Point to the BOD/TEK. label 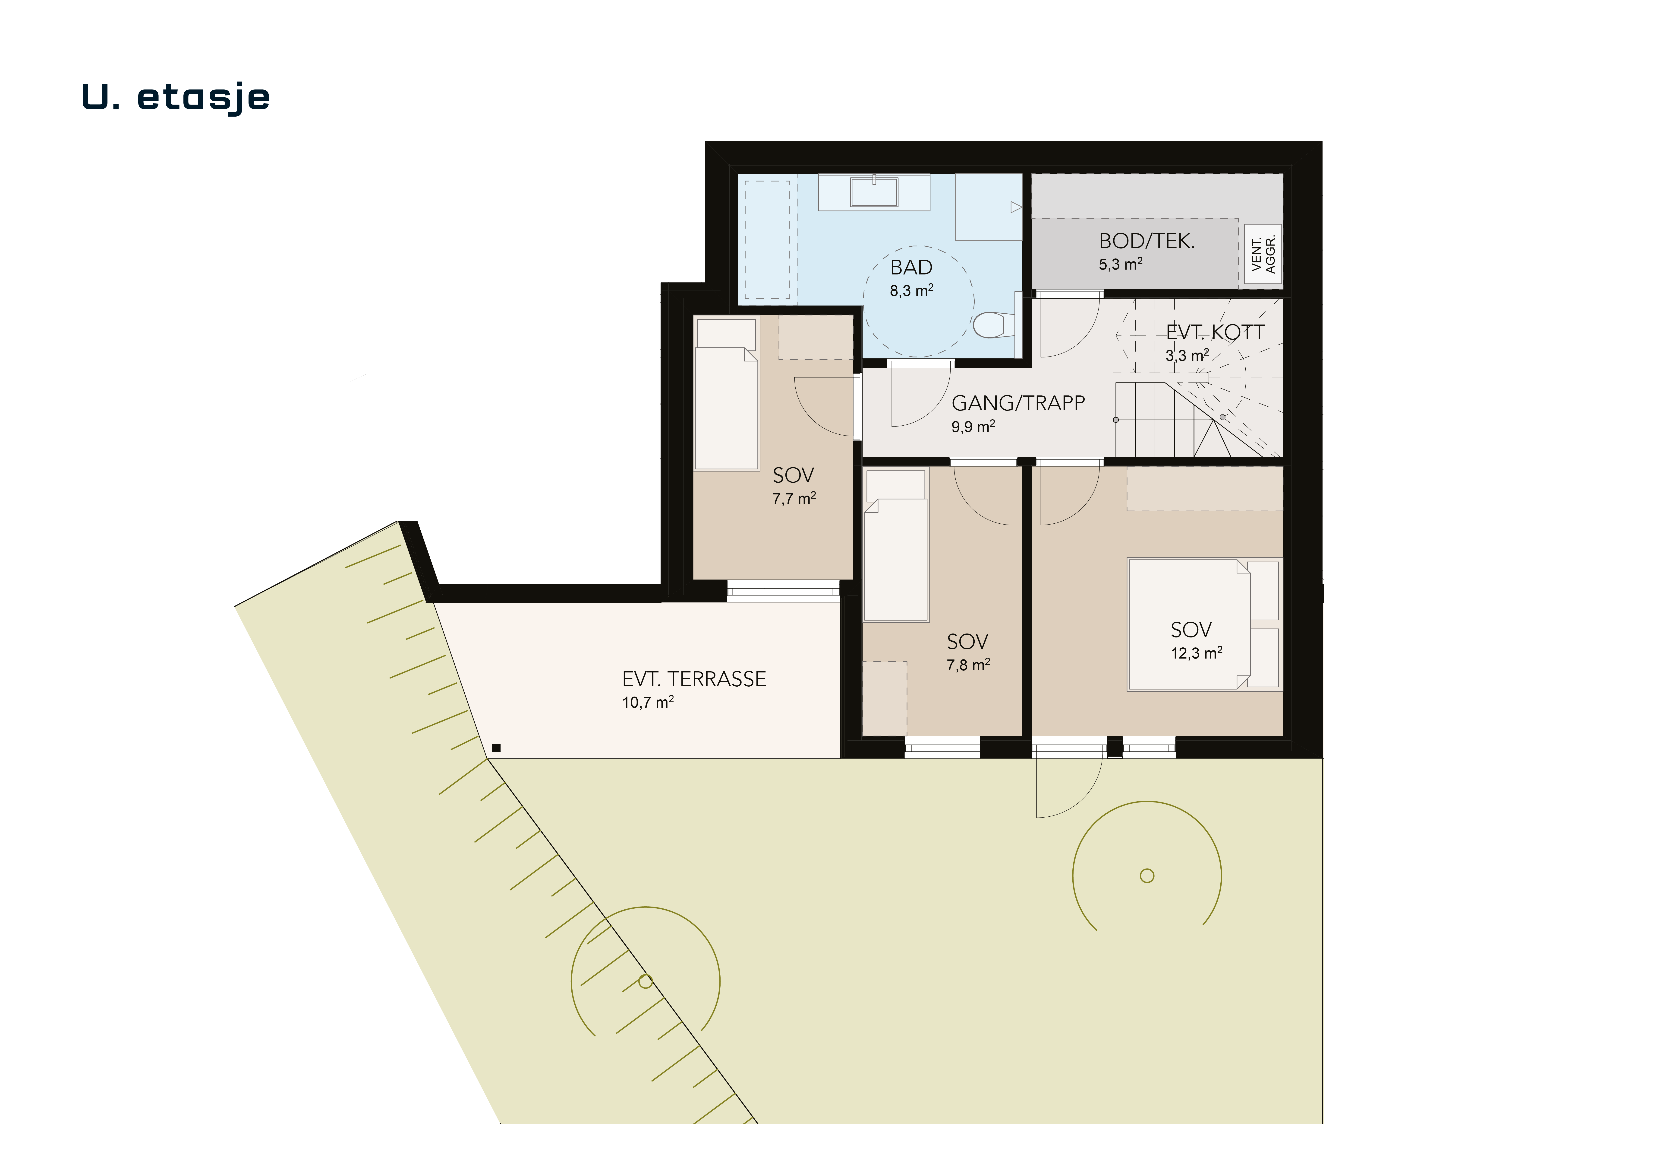pos(1147,241)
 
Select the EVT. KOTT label pos(1215,333)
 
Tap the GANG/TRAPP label pos(1018,403)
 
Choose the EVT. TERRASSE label pos(694,679)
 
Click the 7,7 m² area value pos(794,498)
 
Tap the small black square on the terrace pos(496,747)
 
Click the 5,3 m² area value pos(1121,264)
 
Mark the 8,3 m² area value pos(912,291)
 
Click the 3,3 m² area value pos(1187,355)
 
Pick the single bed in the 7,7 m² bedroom pos(726,393)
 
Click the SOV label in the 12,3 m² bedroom pos(1191,630)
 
